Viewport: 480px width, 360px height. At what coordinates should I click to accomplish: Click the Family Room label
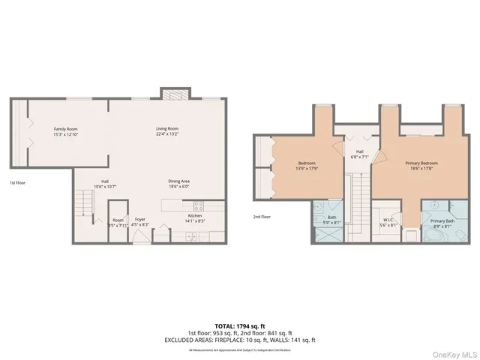pyautogui.click(x=65, y=129)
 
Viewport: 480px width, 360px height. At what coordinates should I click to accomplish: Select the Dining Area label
pyautogui.click(x=178, y=181)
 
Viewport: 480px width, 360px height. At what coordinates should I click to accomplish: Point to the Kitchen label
pyautogui.click(x=194, y=216)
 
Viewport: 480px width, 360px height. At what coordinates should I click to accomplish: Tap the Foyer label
pyautogui.click(x=140, y=219)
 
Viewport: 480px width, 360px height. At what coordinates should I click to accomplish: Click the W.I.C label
pyautogui.click(x=387, y=220)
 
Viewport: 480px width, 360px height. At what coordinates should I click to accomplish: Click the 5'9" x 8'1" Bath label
pyautogui.click(x=331, y=220)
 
